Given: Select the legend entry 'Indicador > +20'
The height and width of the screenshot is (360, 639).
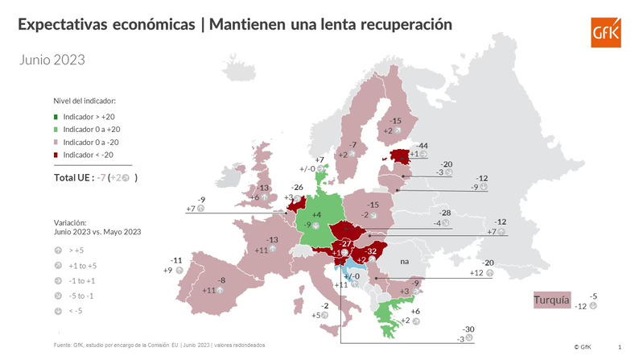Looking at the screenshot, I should pyautogui.click(x=88, y=117).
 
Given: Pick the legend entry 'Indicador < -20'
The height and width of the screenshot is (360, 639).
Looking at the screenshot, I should pyautogui.click(x=88, y=153).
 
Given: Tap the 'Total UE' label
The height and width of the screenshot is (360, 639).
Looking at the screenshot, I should pyautogui.click(x=78, y=177).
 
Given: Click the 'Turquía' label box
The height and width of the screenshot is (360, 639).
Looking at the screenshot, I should pyautogui.click(x=551, y=301).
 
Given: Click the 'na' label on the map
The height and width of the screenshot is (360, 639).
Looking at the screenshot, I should pyautogui.click(x=405, y=262).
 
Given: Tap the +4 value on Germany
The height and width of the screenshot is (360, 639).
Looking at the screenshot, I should pyautogui.click(x=316, y=215).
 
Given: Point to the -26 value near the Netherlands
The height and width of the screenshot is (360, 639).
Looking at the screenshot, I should pyautogui.click(x=297, y=188).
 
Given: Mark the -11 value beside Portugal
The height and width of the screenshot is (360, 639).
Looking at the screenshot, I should pyautogui.click(x=177, y=260).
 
